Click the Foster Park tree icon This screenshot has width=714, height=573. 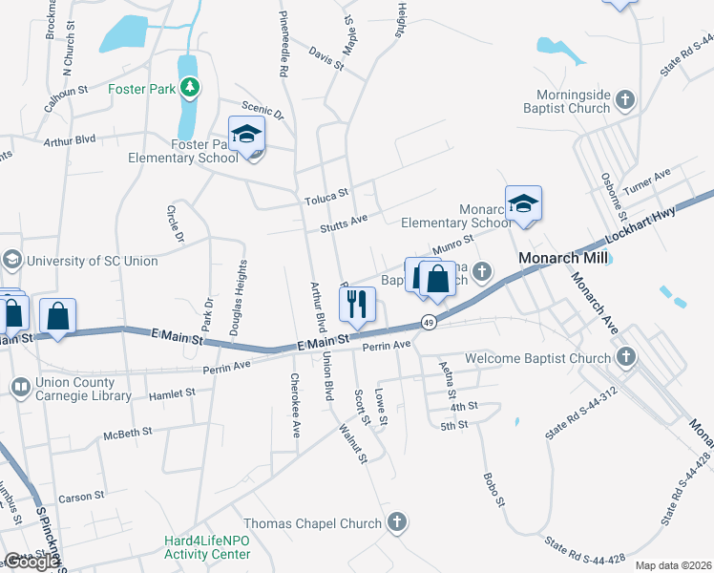coord(191,89)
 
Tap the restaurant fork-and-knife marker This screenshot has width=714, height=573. coord(358,305)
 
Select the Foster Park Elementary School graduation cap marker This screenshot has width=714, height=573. coord(246,135)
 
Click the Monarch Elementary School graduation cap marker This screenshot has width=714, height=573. coord(523,203)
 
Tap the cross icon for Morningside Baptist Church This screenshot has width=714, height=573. coord(625,99)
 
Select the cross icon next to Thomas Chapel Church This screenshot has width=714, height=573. coord(397,522)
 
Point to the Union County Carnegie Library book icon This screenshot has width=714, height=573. coord(19,387)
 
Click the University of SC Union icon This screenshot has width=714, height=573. coord(12,260)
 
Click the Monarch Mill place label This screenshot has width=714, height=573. coord(557,259)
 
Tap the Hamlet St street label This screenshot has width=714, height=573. coord(171,392)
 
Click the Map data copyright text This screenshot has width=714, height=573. coord(673,565)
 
